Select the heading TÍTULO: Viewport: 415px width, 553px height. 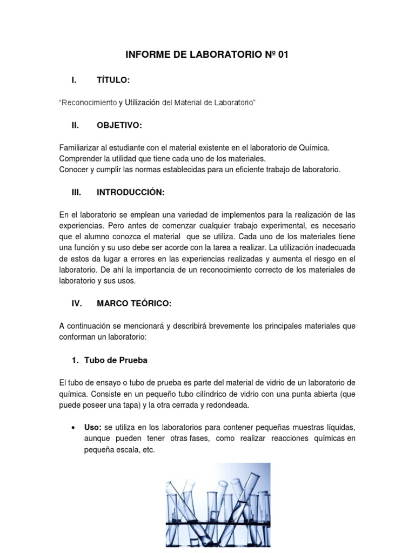coord(113,80)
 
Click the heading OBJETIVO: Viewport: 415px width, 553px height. coord(119,125)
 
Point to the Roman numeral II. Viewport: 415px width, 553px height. coord(76,125)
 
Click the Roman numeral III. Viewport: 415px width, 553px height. coord(76,192)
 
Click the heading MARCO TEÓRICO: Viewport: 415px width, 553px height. coord(134,304)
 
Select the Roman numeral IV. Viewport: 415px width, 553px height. coord(77,304)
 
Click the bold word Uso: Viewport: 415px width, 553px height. coord(93,427)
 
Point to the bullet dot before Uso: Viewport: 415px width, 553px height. coord(73,427)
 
